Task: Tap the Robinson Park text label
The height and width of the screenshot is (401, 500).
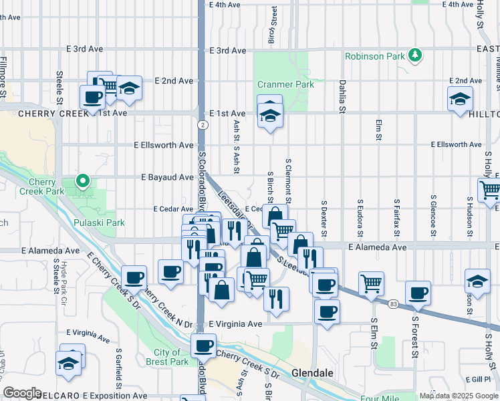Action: (x=374, y=56)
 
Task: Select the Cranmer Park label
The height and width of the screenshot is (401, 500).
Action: (x=286, y=85)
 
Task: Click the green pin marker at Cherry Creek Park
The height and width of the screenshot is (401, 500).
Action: (x=82, y=180)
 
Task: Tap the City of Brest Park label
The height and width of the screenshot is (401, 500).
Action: (x=171, y=357)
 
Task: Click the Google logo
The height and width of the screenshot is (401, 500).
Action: (x=22, y=393)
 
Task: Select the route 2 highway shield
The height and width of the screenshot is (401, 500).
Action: (x=201, y=124)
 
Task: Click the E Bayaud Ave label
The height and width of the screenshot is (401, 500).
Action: (x=167, y=177)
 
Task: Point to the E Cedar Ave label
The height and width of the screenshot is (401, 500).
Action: (x=173, y=209)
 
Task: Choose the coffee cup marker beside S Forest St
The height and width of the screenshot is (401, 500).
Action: (x=418, y=293)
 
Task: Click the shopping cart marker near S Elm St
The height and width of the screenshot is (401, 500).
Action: (x=371, y=283)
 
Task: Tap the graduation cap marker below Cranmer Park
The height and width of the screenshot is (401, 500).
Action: (x=269, y=116)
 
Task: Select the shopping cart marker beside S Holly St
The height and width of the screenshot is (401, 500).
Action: (x=490, y=190)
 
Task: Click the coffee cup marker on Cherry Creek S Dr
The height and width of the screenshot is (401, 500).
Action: (x=203, y=346)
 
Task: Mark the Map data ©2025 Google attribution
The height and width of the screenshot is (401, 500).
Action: (x=459, y=396)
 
